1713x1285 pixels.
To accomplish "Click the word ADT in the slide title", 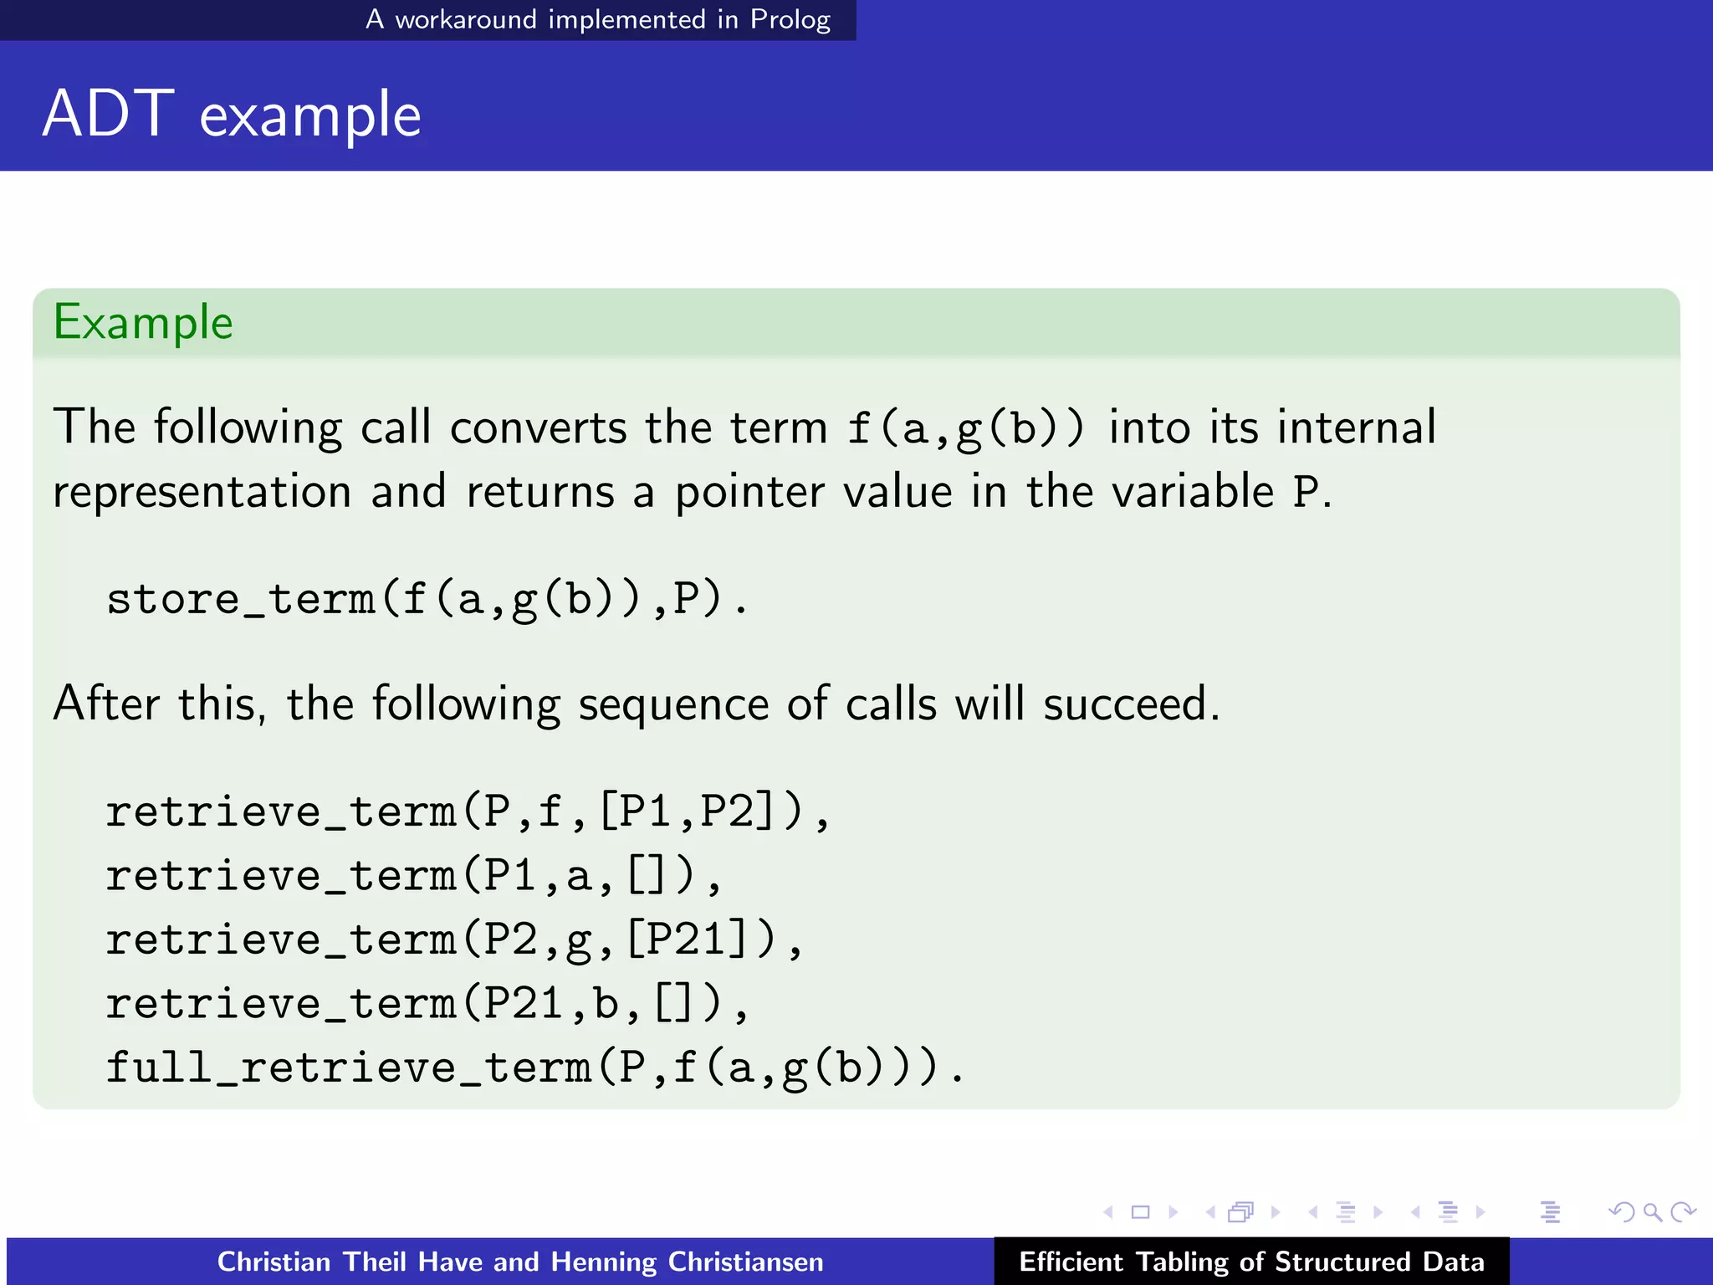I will click(108, 114).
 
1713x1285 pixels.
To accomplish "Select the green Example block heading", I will click(143, 323).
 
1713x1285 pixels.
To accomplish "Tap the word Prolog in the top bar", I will click(790, 19).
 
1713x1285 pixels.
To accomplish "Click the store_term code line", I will click(427, 599).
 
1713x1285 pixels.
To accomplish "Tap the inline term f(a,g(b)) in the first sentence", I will click(966, 428).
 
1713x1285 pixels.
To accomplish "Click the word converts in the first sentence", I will click(538, 428).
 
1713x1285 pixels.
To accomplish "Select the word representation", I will click(202, 492).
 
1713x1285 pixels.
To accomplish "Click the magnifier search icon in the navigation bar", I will click(1652, 1212).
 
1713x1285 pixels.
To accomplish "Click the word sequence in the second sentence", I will click(672, 704).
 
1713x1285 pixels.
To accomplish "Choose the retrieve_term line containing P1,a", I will click(413, 876).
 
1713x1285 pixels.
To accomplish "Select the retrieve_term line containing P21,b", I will click(427, 1003).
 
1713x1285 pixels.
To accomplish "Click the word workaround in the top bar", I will click(465, 19).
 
